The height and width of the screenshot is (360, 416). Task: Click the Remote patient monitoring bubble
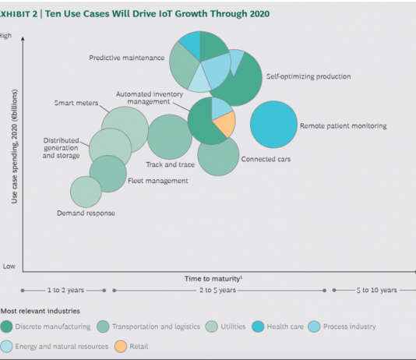tap(273, 125)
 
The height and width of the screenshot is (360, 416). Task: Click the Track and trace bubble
tap(170, 137)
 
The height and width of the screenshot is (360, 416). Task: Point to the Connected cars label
tap(266, 159)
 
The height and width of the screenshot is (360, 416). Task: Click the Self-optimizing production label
tap(308, 76)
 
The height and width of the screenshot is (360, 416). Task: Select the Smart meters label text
tap(76, 103)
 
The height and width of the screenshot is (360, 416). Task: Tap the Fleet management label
tap(158, 181)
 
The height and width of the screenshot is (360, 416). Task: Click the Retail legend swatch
tap(121, 347)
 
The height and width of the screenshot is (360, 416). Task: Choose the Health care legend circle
tap(258, 326)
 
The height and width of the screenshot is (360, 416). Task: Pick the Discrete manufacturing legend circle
tap(6, 326)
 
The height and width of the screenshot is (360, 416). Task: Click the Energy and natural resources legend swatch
tap(6, 347)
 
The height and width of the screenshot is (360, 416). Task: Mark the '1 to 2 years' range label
tap(65, 290)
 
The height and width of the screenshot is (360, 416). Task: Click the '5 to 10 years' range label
tap(377, 290)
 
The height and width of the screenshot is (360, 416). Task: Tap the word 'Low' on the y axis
tap(9, 266)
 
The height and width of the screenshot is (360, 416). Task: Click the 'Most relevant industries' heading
tap(41, 311)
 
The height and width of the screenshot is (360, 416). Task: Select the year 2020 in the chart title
tap(259, 14)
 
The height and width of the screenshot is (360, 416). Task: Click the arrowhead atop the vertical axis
tap(23, 39)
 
